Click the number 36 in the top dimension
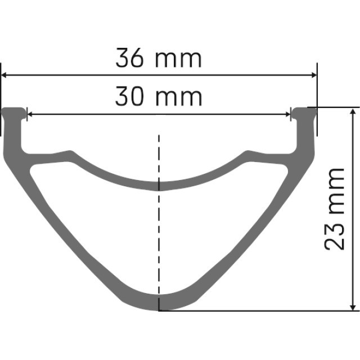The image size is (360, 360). coord(130,58)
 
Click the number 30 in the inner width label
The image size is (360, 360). coord(130,97)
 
